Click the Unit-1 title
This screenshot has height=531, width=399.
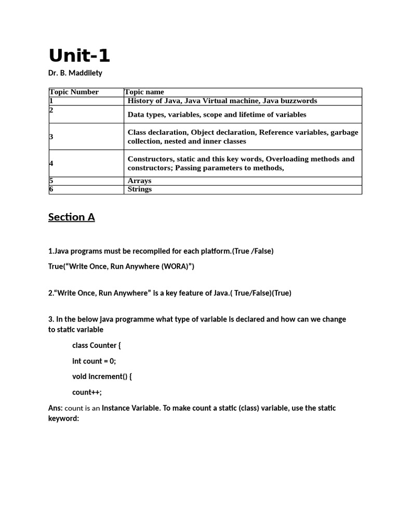click(x=79, y=55)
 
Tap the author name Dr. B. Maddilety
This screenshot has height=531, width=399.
click(x=75, y=73)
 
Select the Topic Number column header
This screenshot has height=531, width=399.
click(x=74, y=92)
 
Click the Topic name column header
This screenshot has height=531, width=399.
click(x=144, y=92)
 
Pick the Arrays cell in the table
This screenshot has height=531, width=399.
click(x=139, y=181)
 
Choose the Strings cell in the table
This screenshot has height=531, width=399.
click(x=139, y=189)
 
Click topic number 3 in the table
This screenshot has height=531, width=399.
click(x=51, y=137)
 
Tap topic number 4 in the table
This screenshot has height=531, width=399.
click(x=51, y=163)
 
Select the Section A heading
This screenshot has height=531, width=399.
click(x=72, y=217)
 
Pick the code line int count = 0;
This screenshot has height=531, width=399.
click(x=94, y=361)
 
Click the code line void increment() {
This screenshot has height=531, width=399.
click(x=102, y=376)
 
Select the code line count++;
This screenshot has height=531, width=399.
click(x=87, y=392)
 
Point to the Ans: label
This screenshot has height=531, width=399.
click(x=55, y=408)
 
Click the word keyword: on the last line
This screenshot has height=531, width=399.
click(x=63, y=418)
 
